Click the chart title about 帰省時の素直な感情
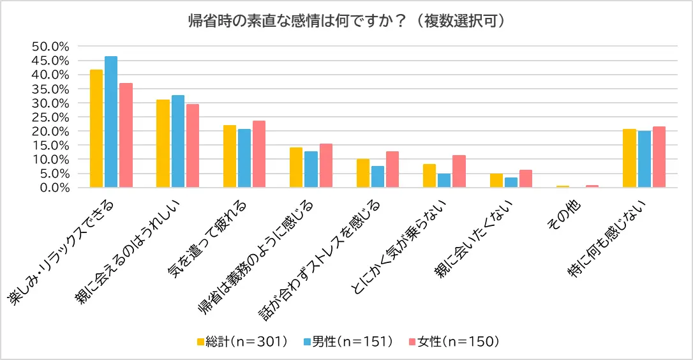347,20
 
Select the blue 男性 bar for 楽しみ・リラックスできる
111,122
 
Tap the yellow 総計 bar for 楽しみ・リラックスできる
96,128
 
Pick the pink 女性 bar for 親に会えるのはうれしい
192,146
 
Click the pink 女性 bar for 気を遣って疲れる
258,154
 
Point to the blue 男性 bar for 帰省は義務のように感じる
311,169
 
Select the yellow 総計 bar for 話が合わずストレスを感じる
362,173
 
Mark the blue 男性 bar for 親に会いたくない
510,183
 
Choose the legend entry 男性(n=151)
347,341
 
